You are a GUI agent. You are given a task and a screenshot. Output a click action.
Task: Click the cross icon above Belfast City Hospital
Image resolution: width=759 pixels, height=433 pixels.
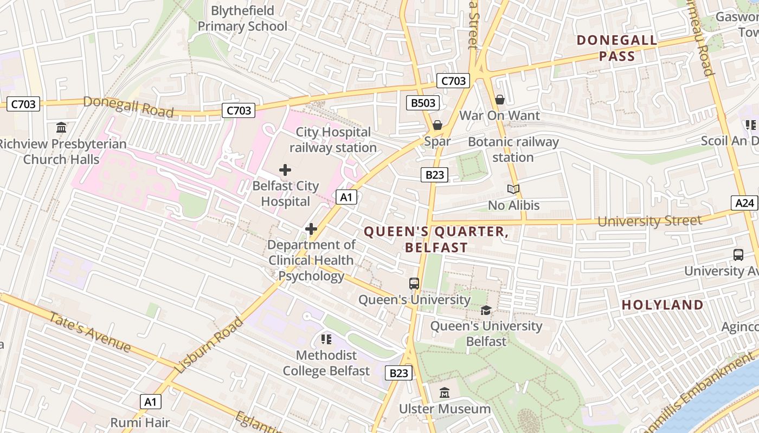(285, 170)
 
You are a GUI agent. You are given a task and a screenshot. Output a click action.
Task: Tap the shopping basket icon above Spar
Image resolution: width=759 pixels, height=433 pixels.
(438, 126)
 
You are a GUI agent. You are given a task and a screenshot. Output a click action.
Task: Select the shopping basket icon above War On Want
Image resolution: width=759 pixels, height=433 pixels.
(500, 100)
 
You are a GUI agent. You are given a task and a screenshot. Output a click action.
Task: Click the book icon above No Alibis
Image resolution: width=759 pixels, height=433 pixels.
(513, 189)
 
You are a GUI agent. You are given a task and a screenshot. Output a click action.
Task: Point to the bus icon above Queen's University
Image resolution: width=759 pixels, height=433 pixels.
(414, 283)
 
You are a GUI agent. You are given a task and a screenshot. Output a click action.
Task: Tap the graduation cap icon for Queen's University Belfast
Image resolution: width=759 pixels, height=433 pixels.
(486, 310)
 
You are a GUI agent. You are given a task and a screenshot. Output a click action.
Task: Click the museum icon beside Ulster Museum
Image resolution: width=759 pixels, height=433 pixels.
(445, 392)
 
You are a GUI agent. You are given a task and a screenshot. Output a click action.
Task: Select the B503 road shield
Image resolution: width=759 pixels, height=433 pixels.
(423, 102)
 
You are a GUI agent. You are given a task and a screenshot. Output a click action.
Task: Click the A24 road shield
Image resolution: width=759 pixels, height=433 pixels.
(744, 203)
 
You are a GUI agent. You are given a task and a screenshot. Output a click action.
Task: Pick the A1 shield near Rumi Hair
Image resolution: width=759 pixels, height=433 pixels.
(151, 402)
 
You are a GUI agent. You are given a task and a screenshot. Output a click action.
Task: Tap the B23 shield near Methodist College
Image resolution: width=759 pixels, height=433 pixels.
(399, 372)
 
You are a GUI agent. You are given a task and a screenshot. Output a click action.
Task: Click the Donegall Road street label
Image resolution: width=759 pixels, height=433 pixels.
(128, 107)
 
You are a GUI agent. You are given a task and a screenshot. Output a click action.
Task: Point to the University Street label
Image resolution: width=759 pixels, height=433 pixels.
(649, 221)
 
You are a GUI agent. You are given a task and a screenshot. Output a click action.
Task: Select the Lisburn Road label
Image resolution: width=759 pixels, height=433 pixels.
(209, 345)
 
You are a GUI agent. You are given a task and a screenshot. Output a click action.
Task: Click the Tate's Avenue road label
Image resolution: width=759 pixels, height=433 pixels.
(90, 331)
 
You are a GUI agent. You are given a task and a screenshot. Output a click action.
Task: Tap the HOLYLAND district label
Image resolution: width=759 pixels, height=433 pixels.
(662, 305)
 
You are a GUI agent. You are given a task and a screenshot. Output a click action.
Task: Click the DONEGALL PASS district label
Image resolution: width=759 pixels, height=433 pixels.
(617, 48)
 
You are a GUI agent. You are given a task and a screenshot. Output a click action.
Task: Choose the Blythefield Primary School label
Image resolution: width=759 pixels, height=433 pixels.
(242, 18)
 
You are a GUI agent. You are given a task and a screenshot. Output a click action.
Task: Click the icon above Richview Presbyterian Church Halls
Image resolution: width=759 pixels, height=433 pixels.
(61, 128)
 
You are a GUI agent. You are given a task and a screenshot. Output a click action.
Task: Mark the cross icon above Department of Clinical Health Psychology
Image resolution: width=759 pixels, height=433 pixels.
(311, 229)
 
